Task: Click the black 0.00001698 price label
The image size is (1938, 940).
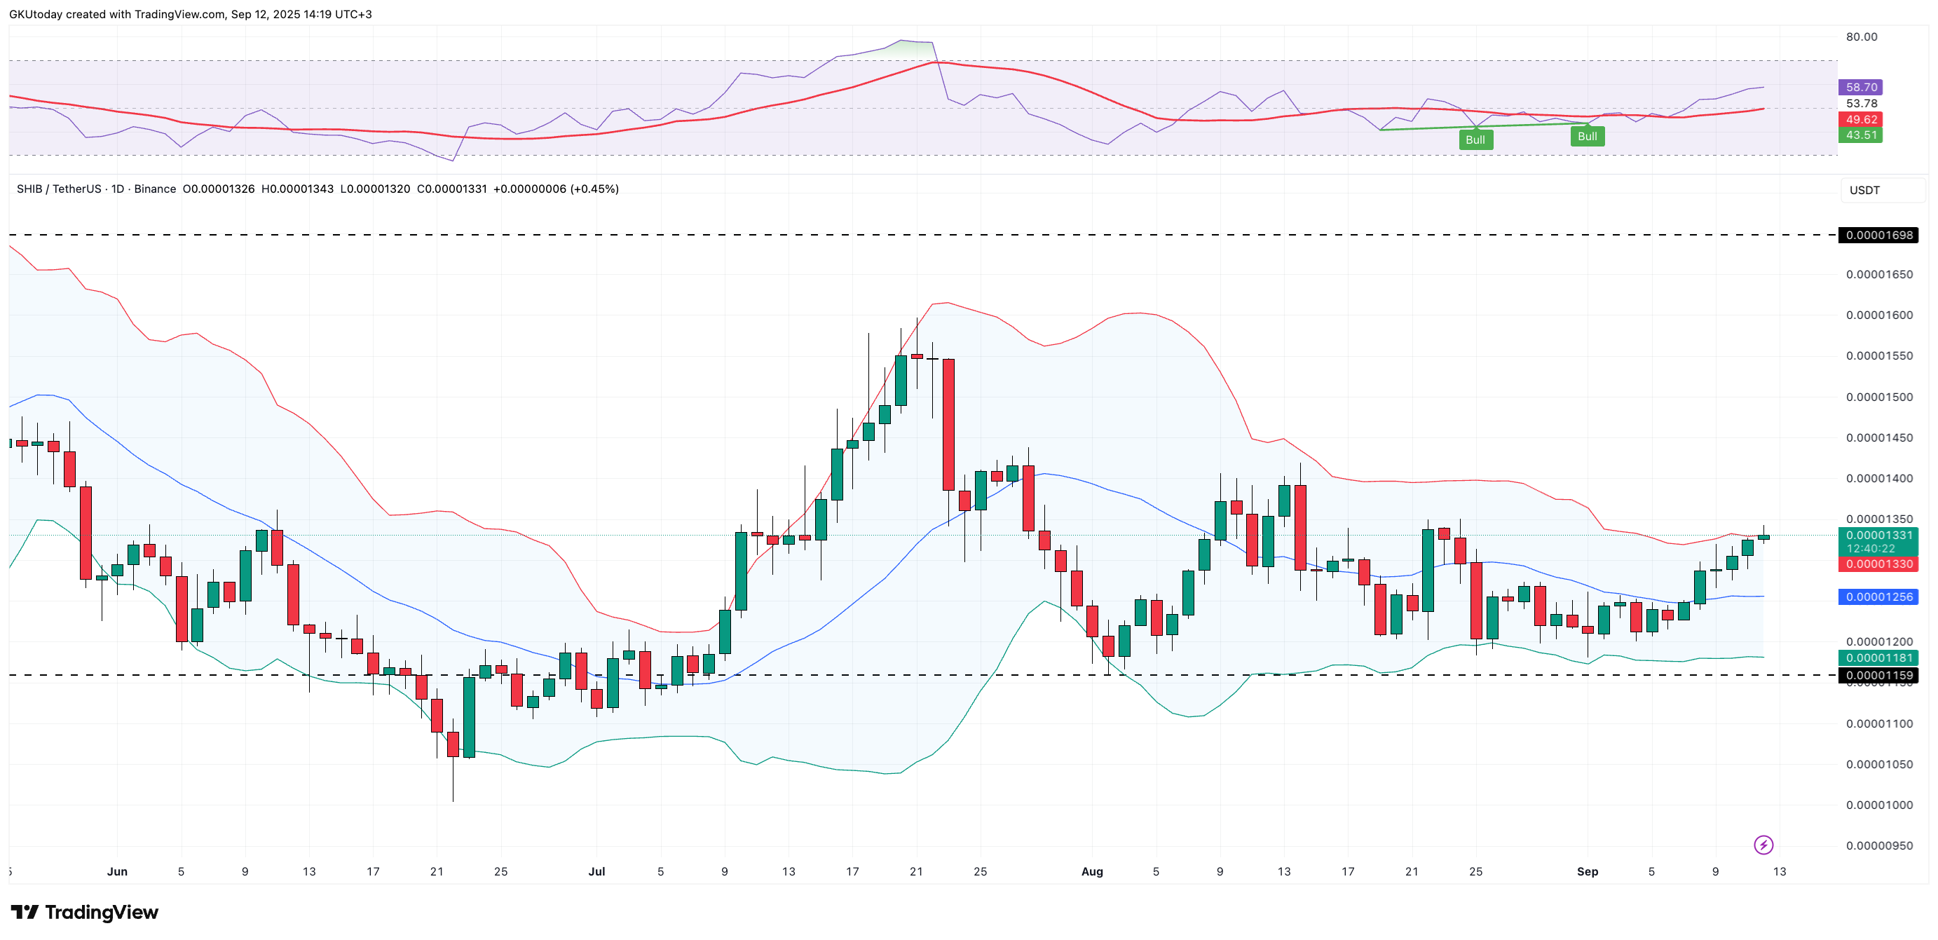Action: coord(1878,235)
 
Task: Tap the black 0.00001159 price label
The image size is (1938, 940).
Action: coord(1878,675)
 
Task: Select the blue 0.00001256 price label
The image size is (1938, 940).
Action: coord(1878,597)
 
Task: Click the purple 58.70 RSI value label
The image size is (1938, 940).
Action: coord(1860,88)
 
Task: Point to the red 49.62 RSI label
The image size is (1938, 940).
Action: coord(1860,120)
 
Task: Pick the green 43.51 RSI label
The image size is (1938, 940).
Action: coord(1860,135)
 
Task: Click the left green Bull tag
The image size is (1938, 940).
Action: coord(1475,140)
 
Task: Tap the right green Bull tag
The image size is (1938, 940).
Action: coord(1587,136)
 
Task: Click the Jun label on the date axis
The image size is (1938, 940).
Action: coord(117,871)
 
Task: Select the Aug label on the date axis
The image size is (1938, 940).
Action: coord(1091,871)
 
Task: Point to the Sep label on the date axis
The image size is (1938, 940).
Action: coord(1587,871)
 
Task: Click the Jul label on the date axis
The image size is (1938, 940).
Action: coord(596,871)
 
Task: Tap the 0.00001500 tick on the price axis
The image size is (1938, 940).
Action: coord(1878,397)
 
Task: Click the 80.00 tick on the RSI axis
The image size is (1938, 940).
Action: coord(1862,37)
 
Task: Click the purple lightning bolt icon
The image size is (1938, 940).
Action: coord(1763,845)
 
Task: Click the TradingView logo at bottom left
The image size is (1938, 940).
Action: coord(84,912)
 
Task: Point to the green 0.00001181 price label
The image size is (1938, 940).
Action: coord(1878,658)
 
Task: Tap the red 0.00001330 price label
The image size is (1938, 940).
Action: coord(1878,564)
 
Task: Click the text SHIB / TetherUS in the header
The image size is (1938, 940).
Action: coord(59,189)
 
